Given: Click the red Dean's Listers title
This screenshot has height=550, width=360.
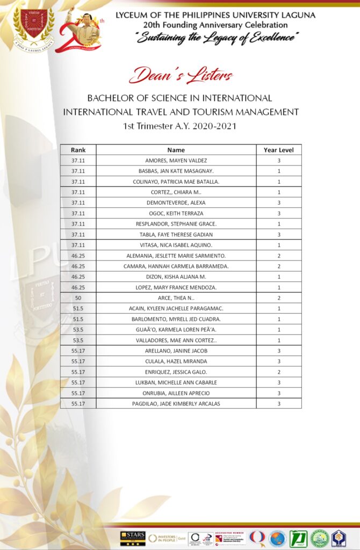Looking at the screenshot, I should [181, 75].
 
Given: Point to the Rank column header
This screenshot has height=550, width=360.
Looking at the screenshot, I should [78, 150].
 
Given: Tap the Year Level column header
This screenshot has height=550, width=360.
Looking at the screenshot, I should [278, 150].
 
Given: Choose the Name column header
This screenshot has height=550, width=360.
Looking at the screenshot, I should [176, 150].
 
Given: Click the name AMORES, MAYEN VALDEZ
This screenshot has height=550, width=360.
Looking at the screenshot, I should [176, 161].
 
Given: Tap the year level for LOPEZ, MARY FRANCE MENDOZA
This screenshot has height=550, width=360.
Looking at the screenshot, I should [278, 288].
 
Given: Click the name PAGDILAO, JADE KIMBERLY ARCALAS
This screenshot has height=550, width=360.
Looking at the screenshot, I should [176, 403].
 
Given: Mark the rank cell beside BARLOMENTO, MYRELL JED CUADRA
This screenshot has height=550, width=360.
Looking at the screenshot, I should [78, 320].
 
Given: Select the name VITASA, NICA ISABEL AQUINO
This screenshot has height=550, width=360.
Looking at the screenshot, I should [176, 245].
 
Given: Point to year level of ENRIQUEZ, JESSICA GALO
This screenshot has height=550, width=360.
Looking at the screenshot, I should [278, 372].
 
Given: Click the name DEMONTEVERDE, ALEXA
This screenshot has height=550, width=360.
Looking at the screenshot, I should [176, 202].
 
